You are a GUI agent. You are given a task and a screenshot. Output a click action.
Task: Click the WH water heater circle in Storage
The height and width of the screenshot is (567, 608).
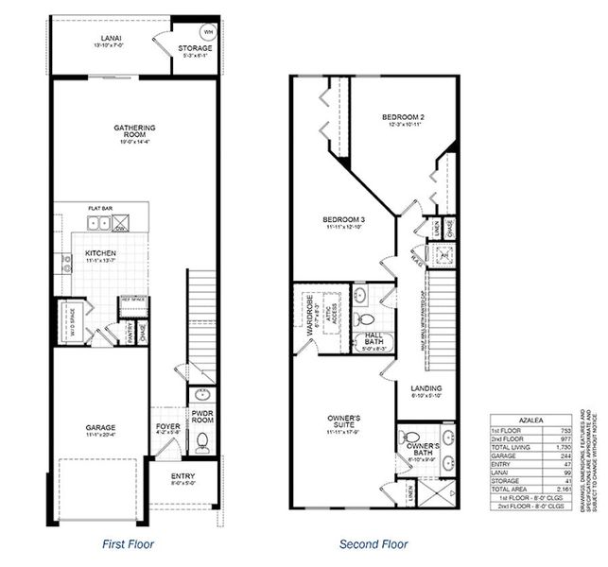coord(208,31)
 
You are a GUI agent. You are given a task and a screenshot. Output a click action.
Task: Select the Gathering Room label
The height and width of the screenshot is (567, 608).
coord(134,131)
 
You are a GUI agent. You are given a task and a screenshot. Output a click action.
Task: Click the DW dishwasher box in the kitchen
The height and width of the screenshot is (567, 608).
coord(121,223)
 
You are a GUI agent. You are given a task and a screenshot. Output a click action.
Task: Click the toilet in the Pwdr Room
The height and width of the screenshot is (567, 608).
coord(201,440)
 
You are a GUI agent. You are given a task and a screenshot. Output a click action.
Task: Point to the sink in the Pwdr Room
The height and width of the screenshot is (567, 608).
coord(201,396)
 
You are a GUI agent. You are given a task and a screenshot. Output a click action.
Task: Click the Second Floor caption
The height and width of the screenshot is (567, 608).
coord(373,544)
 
